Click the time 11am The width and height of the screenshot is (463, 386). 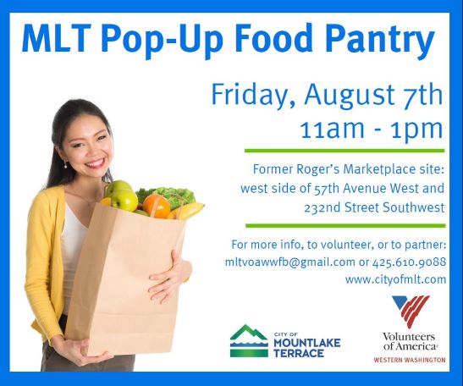click(x=332, y=129)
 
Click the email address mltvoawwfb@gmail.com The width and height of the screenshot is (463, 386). click(x=290, y=262)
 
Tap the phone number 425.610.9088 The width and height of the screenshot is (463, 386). click(x=410, y=262)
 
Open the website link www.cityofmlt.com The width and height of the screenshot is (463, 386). click(x=395, y=279)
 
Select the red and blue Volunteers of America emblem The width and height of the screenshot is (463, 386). click(x=411, y=311)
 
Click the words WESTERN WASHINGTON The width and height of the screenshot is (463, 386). click(x=410, y=360)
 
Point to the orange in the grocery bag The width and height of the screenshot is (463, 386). click(x=157, y=205)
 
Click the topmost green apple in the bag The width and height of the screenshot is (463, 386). click(x=119, y=187)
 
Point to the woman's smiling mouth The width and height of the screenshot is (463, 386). click(x=95, y=163)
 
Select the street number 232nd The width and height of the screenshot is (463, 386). click(x=322, y=207)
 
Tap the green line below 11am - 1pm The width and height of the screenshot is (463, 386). click(x=344, y=151)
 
